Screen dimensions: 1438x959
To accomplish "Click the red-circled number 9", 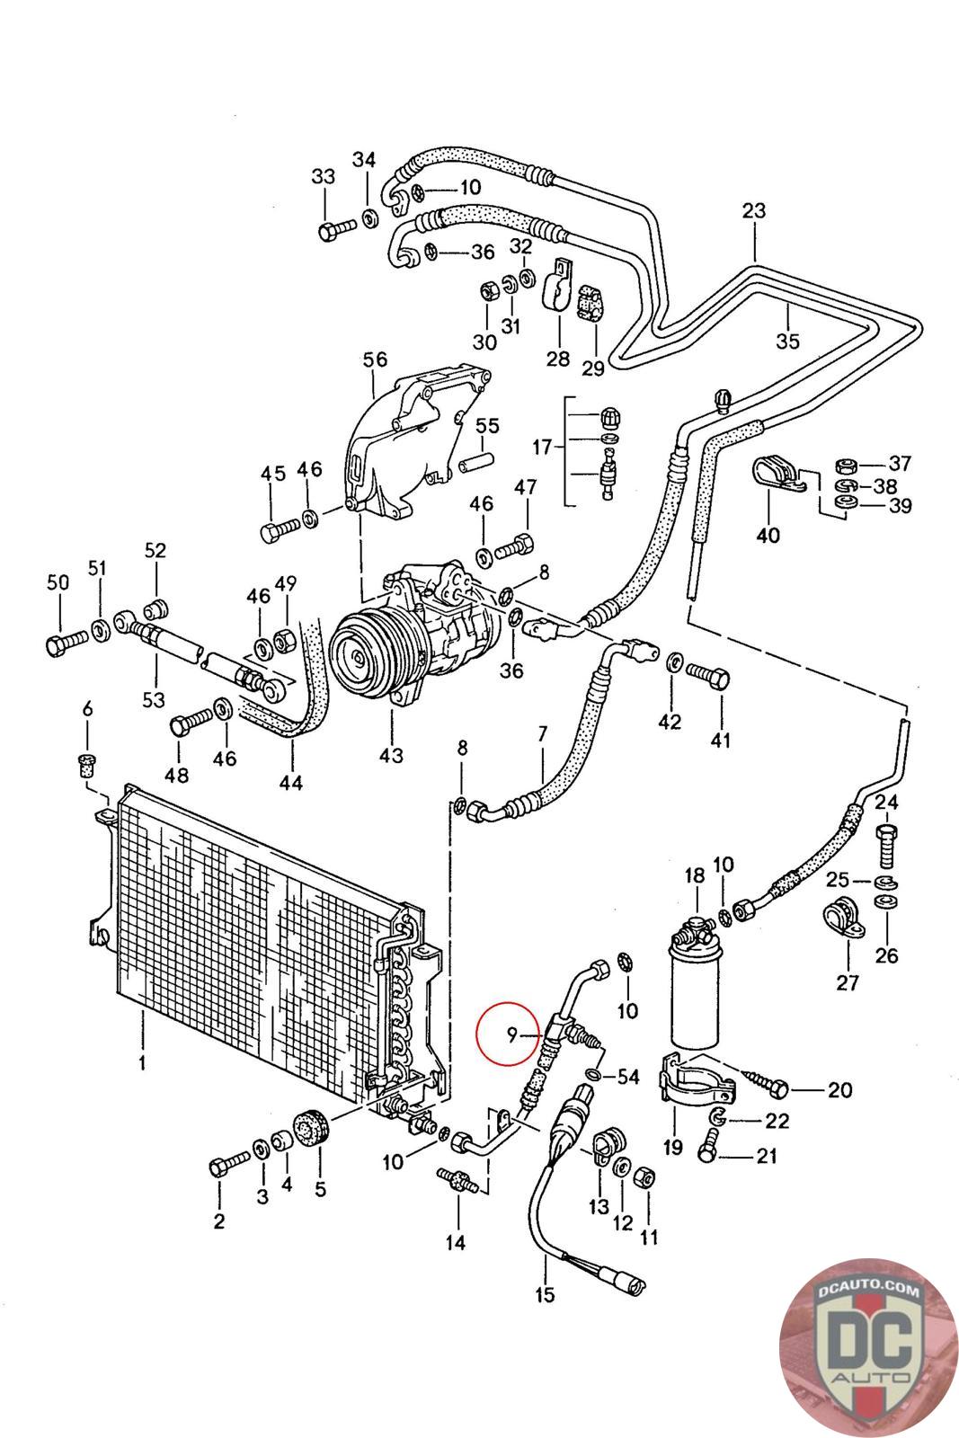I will [x=511, y=1035].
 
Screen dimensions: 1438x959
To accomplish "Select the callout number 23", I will [x=753, y=211].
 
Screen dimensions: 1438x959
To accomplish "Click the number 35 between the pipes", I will [x=787, y=342].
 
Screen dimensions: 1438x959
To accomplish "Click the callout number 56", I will [x=375, y=359].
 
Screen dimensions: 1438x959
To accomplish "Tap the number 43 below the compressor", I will [x=391, y=755].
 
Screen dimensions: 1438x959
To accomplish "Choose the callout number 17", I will [x=542, y=446].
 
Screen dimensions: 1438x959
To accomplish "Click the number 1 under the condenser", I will [x=141, y=1064].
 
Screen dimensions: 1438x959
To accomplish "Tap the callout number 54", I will [x=627, y=1076].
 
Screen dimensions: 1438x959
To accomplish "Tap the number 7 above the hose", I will [x=542, y=733].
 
